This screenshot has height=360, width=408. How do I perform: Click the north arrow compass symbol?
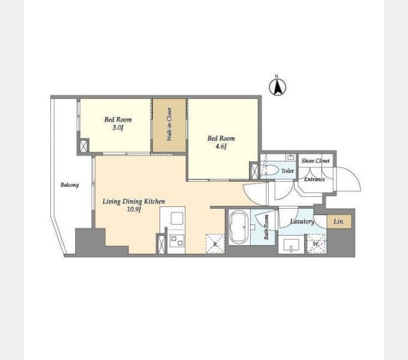(277, 86)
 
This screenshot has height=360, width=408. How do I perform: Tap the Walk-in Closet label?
(169, 124)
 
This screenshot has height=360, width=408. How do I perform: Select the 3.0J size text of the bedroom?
(118, 128)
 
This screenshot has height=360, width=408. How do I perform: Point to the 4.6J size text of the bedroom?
(221, 146)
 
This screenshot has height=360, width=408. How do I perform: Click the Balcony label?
(70, 185)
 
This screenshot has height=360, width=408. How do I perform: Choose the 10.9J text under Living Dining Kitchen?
(134, 209)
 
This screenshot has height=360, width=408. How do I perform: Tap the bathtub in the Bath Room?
(239, 227)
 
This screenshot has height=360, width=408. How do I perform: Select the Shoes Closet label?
(316, 161)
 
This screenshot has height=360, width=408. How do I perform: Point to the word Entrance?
(314, 179)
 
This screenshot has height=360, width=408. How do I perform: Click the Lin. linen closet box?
(339, 221)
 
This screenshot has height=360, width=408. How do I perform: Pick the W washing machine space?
(316, 244)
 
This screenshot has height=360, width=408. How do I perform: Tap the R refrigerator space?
(215, 244)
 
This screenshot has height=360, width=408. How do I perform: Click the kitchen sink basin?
(177, 218)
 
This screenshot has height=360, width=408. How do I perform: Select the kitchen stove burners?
(177, 241)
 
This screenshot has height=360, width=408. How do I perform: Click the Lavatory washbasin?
(291, 245)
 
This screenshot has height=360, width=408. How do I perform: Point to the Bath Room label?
(266, 227)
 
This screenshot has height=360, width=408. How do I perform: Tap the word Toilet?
(287, 171)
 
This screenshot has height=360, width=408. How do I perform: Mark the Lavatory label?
(302, 221)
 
